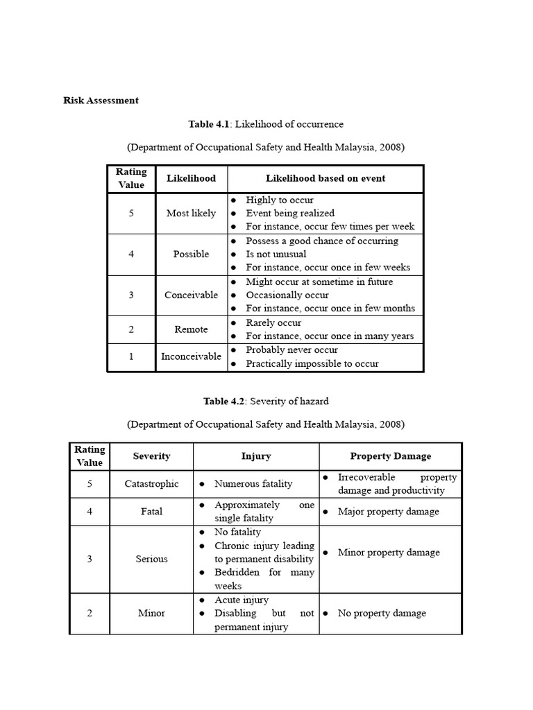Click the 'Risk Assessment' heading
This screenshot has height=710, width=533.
101,101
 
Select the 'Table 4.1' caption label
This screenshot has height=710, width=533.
208,124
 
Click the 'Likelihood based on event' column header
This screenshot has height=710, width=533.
325,178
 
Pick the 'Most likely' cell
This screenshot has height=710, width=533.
191,213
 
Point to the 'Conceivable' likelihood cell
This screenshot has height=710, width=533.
191,295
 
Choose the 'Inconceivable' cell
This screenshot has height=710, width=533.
191,356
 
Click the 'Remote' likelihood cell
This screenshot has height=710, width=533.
191,329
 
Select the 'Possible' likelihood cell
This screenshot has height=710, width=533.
191,254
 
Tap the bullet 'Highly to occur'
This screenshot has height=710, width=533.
280,200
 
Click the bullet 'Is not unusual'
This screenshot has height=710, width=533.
276,254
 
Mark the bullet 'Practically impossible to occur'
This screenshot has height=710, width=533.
312,363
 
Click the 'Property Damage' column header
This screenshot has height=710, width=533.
390,456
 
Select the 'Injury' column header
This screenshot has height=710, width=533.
256,456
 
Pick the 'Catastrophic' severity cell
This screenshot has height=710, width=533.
151,484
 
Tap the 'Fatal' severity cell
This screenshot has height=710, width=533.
151,512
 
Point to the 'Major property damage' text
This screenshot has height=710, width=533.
388,512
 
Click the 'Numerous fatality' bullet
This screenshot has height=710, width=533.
253,484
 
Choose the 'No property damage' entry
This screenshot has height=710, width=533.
382,613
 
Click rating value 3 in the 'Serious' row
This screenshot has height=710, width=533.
90,559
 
